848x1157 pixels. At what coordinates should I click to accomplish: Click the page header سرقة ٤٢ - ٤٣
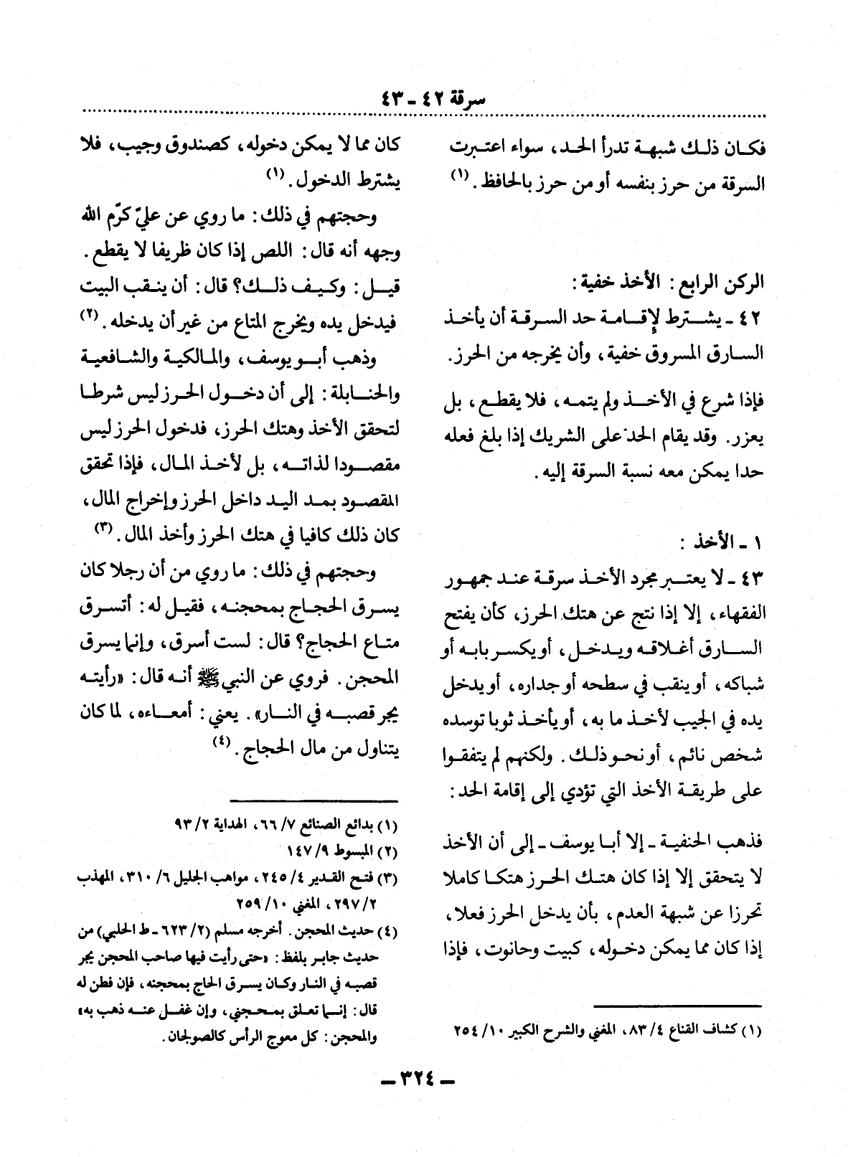tap(425, 96)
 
